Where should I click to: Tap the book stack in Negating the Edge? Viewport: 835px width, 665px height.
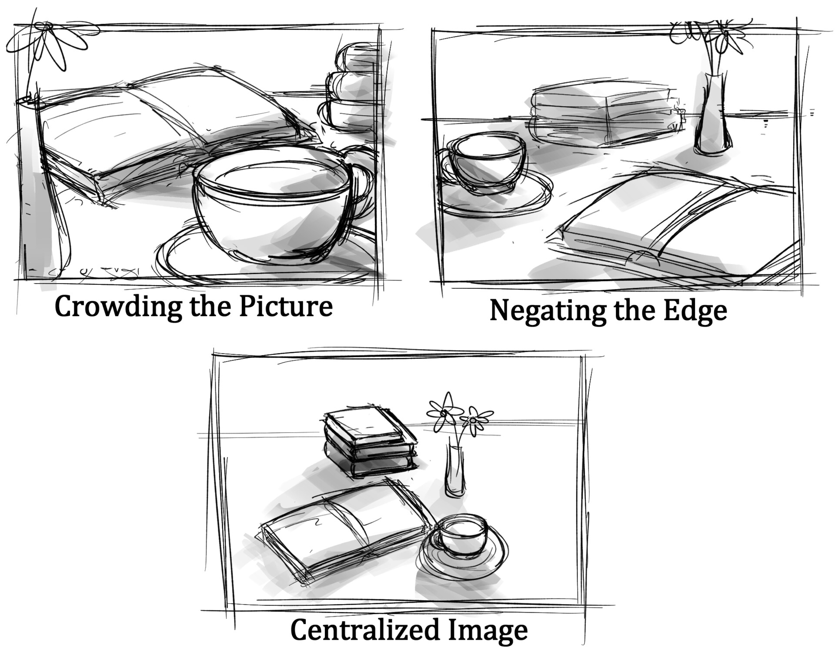click(605, 115)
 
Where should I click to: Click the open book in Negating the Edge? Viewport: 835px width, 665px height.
click(678, 226)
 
